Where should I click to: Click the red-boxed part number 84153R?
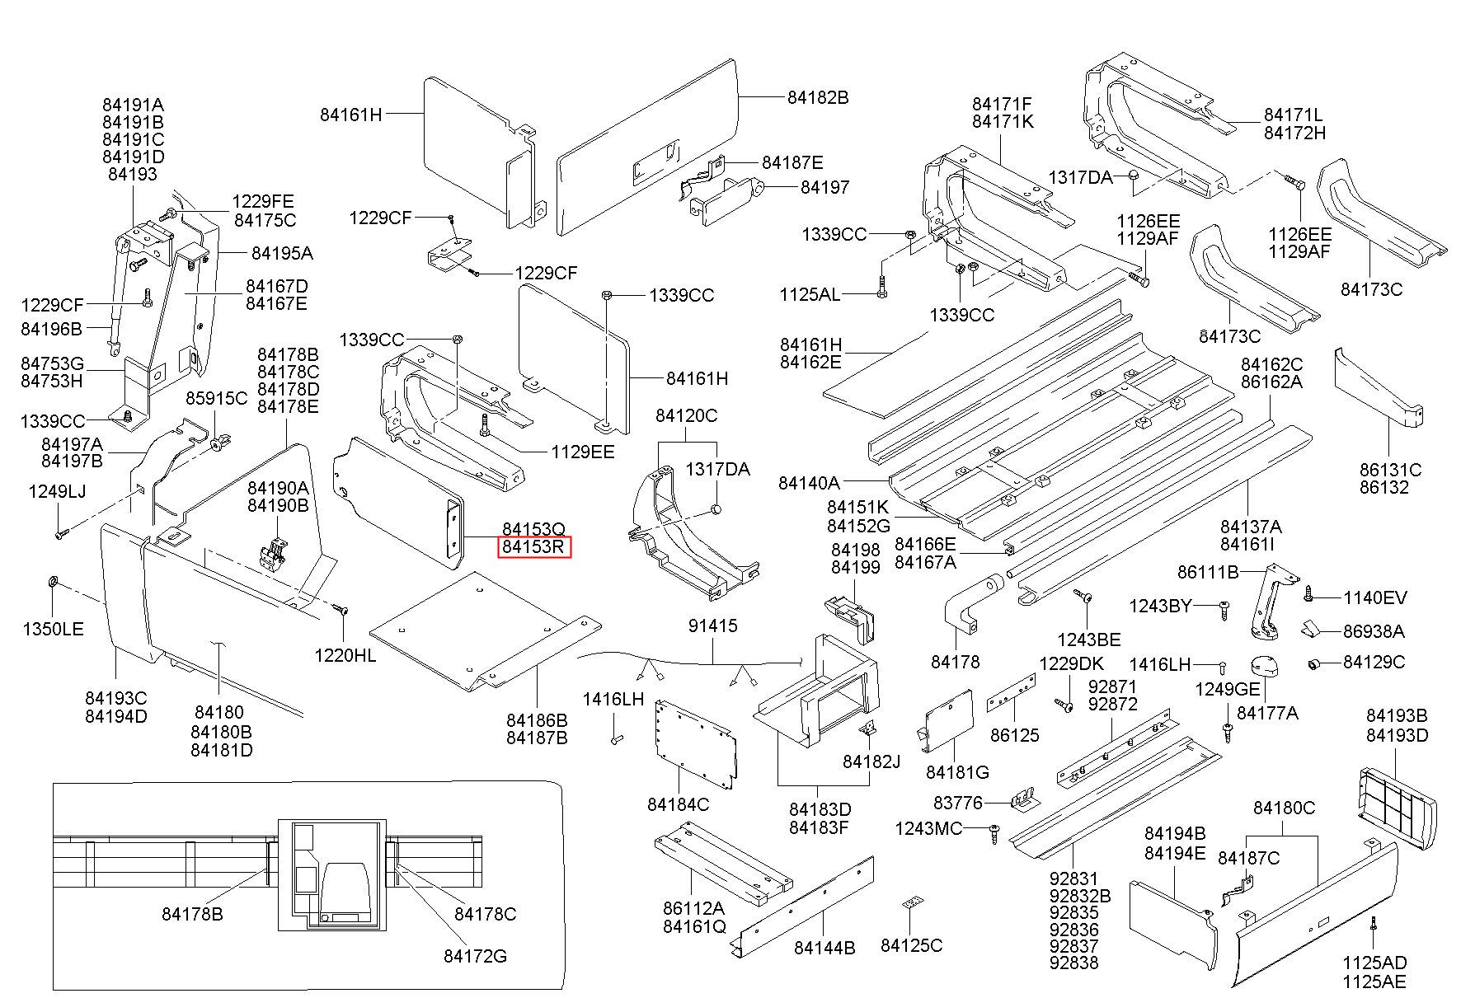tap(533, 546)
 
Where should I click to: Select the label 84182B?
tap(817, 97)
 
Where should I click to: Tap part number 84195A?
tap(282, 253)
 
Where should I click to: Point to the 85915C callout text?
tap(216, 398)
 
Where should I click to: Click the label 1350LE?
tap(53, 630)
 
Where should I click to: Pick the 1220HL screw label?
tap(345, 655)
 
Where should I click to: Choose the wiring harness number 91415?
tap(713, 626)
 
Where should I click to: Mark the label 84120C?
tap(686, 416)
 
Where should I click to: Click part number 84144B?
tap(824, 948)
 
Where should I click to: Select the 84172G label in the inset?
tap(475, 956)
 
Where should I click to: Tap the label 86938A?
tap(1374, 631)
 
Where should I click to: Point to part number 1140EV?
tap(1375, 597)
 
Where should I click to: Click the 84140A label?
tap(809, 482)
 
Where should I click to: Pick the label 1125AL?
tap(810, 294)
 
